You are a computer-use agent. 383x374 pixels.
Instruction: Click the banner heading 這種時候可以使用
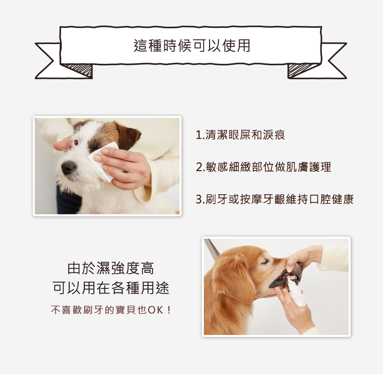tap(192, 45)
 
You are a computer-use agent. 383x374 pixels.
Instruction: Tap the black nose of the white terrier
tap(67, 168)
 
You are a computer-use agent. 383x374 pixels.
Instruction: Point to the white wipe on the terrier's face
tap(104, 161)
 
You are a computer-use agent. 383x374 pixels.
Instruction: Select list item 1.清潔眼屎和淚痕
tap(240, 135)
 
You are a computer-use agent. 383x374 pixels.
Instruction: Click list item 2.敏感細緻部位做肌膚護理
tap(264, 167)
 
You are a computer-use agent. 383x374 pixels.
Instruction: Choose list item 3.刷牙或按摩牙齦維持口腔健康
tap(275, 200)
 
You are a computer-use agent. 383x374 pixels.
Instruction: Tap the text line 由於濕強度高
tap(111, 268)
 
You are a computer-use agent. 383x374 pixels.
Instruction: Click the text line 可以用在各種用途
tap(111, 288)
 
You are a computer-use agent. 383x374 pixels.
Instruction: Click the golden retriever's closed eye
tap(265, 262)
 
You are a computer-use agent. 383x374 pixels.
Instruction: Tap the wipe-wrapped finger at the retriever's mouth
tap(296, 294)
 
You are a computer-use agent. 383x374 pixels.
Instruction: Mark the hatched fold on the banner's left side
tap(78, 70)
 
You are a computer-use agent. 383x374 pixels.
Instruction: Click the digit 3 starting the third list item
tap(199, 200)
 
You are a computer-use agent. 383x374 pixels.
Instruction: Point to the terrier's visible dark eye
tap(76, 142)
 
